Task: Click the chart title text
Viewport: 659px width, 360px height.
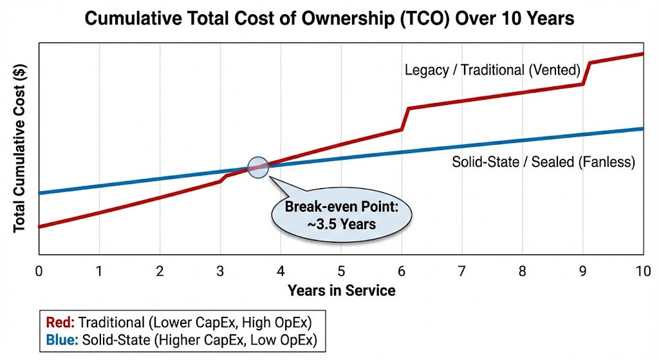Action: [x=329, y=18]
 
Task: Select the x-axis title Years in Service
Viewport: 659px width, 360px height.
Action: [x=341, y=290]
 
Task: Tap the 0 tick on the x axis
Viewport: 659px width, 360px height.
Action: [x=39, y=270]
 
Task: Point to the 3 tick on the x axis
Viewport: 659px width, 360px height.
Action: [x=220, y=270]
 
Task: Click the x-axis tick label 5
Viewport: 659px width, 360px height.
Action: [x=341, y=270]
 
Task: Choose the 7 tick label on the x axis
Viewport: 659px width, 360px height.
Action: [x=462, y=270]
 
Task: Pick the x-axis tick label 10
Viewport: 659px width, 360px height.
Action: [x=643, y=270]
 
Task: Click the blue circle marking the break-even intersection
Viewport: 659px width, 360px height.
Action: [x=257, y=167]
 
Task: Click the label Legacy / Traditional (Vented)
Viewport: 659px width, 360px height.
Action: [x=492, y=70]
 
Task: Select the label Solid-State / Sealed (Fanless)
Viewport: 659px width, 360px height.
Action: [x=543, y=162]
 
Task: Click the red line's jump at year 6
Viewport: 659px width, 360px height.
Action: [x=405, y=118]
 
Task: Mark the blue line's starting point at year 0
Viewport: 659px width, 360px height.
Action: [x=39, y=193]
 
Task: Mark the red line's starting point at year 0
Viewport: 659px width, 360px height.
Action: [x=39, y=227]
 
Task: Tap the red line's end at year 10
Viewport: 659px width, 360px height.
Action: [x=643, y=53]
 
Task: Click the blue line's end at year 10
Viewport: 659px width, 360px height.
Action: [x=643, y=129]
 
